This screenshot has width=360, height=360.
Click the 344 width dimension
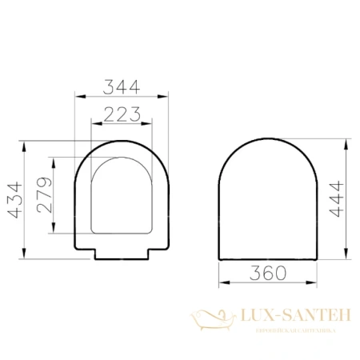point(122,82)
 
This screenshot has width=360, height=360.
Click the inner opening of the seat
point(122,196)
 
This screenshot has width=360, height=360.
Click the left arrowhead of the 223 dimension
point(94,124)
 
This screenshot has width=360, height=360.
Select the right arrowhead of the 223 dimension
point(150,124)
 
